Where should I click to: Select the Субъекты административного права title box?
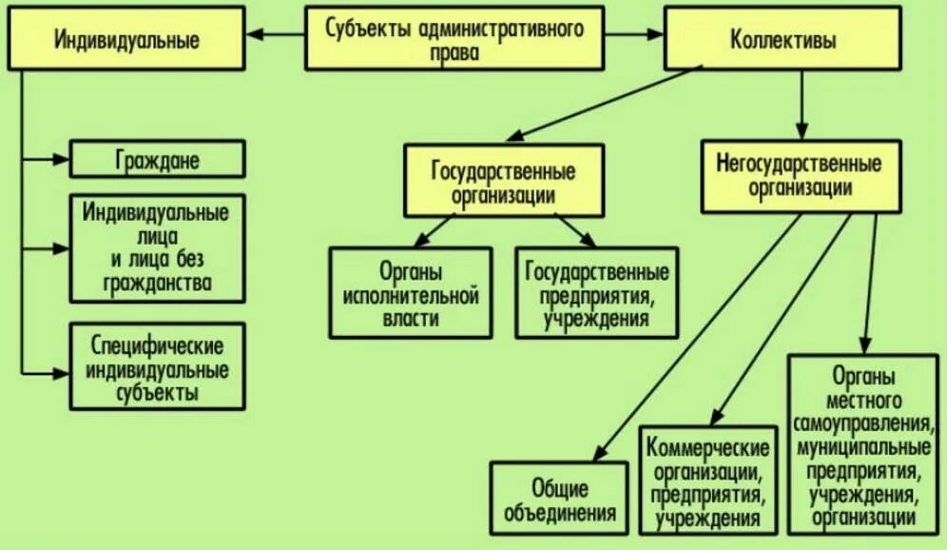(x=454, y=39)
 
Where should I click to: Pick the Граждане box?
(x=158, y=159)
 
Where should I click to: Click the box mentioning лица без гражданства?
(x=158, y=246)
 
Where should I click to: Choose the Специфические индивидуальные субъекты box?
(x=158, y=366)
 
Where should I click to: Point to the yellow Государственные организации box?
(x=503, y=180)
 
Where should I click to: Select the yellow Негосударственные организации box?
(x=800, y=176)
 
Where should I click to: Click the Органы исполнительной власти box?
(x=411, y=293)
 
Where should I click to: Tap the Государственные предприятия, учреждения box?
(x=597, y=293)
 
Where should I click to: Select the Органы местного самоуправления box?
(x=864, y=442)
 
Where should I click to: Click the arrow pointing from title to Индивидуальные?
(x=276, y=36)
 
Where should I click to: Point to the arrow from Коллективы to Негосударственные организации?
(x=802, y=105)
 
